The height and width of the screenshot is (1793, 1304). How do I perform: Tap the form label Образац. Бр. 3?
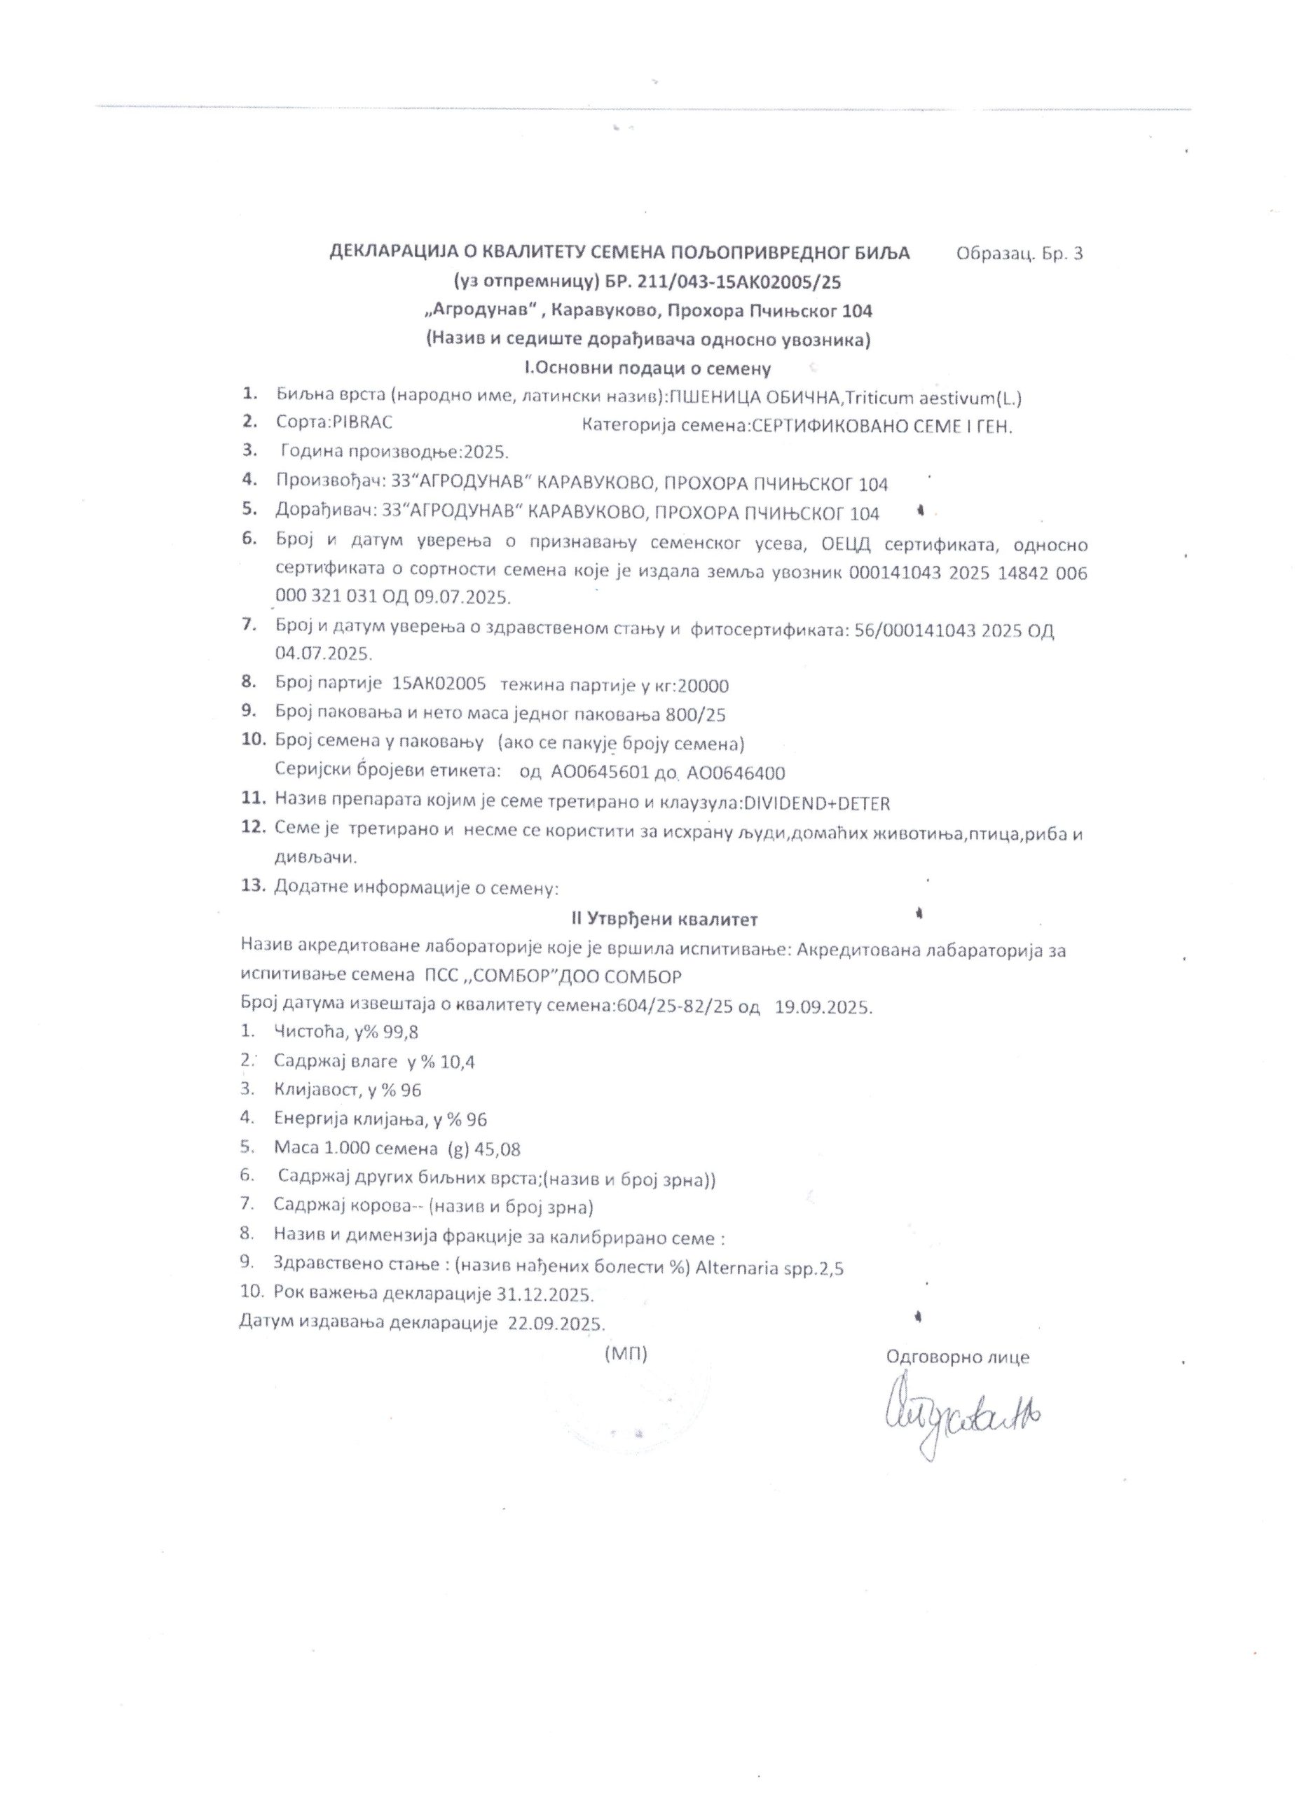(x=1020, y=254)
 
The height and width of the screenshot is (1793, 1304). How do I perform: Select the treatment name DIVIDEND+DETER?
(x=816, y=803)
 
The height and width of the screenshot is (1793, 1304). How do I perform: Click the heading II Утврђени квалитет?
(x=664, y=919)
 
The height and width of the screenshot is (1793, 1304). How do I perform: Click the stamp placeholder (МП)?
(x=626, y=1355)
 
